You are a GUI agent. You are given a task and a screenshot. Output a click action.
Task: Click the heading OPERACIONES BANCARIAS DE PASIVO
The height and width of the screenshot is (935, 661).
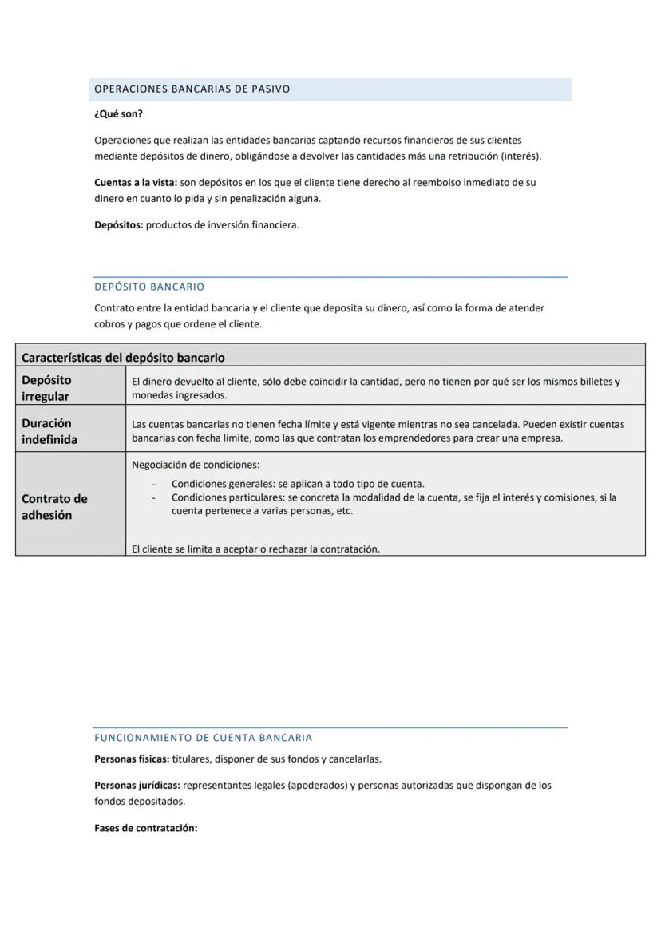pyautogui.click(x=192, y=89)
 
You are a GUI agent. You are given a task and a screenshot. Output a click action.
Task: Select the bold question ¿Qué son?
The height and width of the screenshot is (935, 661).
pyautogui.click(x=118, y=114)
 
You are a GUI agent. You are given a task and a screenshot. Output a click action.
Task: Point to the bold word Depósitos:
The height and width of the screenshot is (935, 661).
pyautogui.click(x=119, y=225)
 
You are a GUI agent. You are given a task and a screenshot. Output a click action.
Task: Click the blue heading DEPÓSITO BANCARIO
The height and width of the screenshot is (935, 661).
pyautogui.click(x=149, y=287)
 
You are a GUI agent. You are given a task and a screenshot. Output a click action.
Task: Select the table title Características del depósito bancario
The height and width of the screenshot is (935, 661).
pyautogui.click(x=123, y=357)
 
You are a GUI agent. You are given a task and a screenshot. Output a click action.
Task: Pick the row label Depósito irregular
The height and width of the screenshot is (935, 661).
pyautogui.click(x=46, y=388)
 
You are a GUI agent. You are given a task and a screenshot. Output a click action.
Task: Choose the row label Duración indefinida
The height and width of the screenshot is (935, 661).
pyautogui.click(x=49, y=431)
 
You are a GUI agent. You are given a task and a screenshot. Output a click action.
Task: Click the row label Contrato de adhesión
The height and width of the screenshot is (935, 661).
pyautogui.click(x=54, y=506)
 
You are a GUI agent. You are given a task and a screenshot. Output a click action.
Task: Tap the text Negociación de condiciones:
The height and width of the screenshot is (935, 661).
pyautogui.click(x=196, y=465)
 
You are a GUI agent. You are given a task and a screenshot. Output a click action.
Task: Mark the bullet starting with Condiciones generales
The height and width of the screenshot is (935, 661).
pyautogui.click(x=298, y=484)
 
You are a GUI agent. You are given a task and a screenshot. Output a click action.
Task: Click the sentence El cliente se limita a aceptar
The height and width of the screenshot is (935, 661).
pyautogui.click(x=255, y=549)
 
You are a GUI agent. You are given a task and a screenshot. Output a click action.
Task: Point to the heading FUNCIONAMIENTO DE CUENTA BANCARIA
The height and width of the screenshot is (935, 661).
pyautogui.click(x=203, y=738)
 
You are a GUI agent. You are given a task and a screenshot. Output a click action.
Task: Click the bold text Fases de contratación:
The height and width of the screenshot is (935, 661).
pyautogui.click(x=145, y=829)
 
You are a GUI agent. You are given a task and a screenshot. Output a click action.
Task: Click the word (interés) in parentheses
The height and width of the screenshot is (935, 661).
pyautogui.click(x=520, y=156)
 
